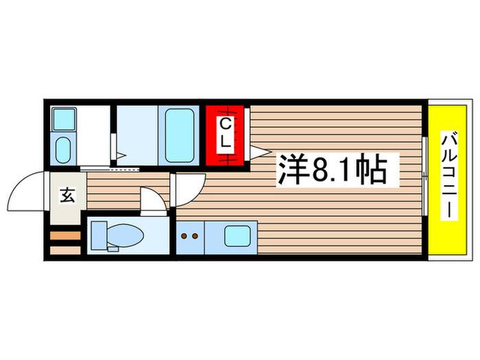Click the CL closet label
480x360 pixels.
click(x=225, y=134)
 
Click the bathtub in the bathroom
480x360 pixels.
click(x=180, y=134)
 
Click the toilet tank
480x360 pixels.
click(x=97, y=235)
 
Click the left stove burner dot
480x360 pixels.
click(x=184, y=237)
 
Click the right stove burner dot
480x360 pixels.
click(x=195, y=237)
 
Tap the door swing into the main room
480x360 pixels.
click(x=189, y=188)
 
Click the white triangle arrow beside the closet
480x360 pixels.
click(x=257, y=152)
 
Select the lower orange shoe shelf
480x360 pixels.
click(x=65, y=250)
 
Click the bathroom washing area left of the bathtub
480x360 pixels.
click(x=136, y=134)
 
